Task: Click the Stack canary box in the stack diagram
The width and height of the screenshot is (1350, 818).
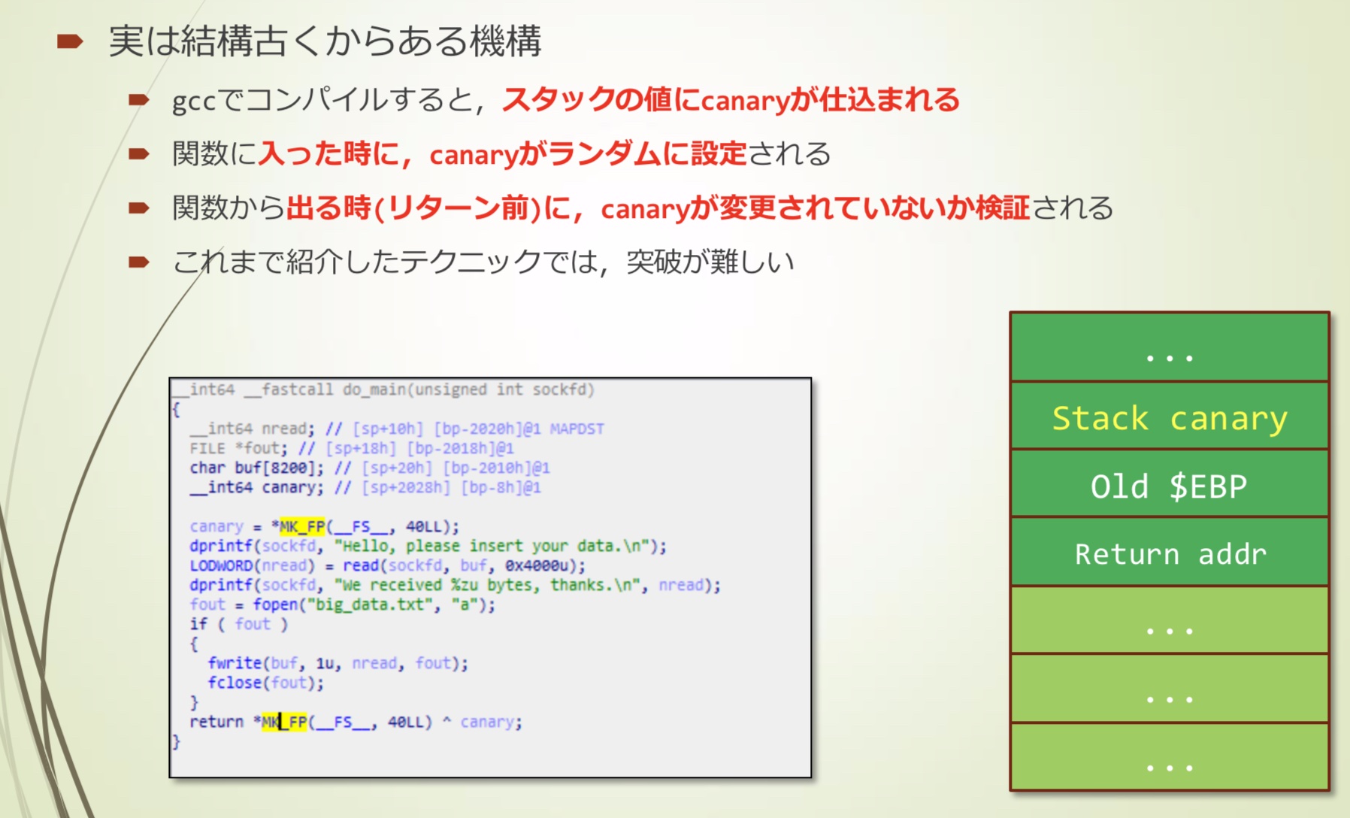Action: point(1170,416)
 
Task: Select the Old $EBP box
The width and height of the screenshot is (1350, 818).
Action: point(1170,483)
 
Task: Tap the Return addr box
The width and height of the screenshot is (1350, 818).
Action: point(1170,552)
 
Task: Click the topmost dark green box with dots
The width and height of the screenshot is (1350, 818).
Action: point(1170,347)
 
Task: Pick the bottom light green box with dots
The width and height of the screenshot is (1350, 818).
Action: point(1170,756)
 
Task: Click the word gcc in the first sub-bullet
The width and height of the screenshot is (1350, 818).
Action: point(194,101)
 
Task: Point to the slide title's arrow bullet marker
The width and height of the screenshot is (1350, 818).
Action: point(70,41)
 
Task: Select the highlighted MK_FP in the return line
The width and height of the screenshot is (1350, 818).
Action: point(284,722)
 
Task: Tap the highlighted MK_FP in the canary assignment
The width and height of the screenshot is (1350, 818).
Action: point(302,526)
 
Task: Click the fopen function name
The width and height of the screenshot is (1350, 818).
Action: point(275,604)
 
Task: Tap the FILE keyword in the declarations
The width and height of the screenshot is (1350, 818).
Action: point(207,448)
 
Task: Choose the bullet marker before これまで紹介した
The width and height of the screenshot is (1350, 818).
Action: point(139,262)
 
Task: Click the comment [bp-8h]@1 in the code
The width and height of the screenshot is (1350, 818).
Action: point(501,487)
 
